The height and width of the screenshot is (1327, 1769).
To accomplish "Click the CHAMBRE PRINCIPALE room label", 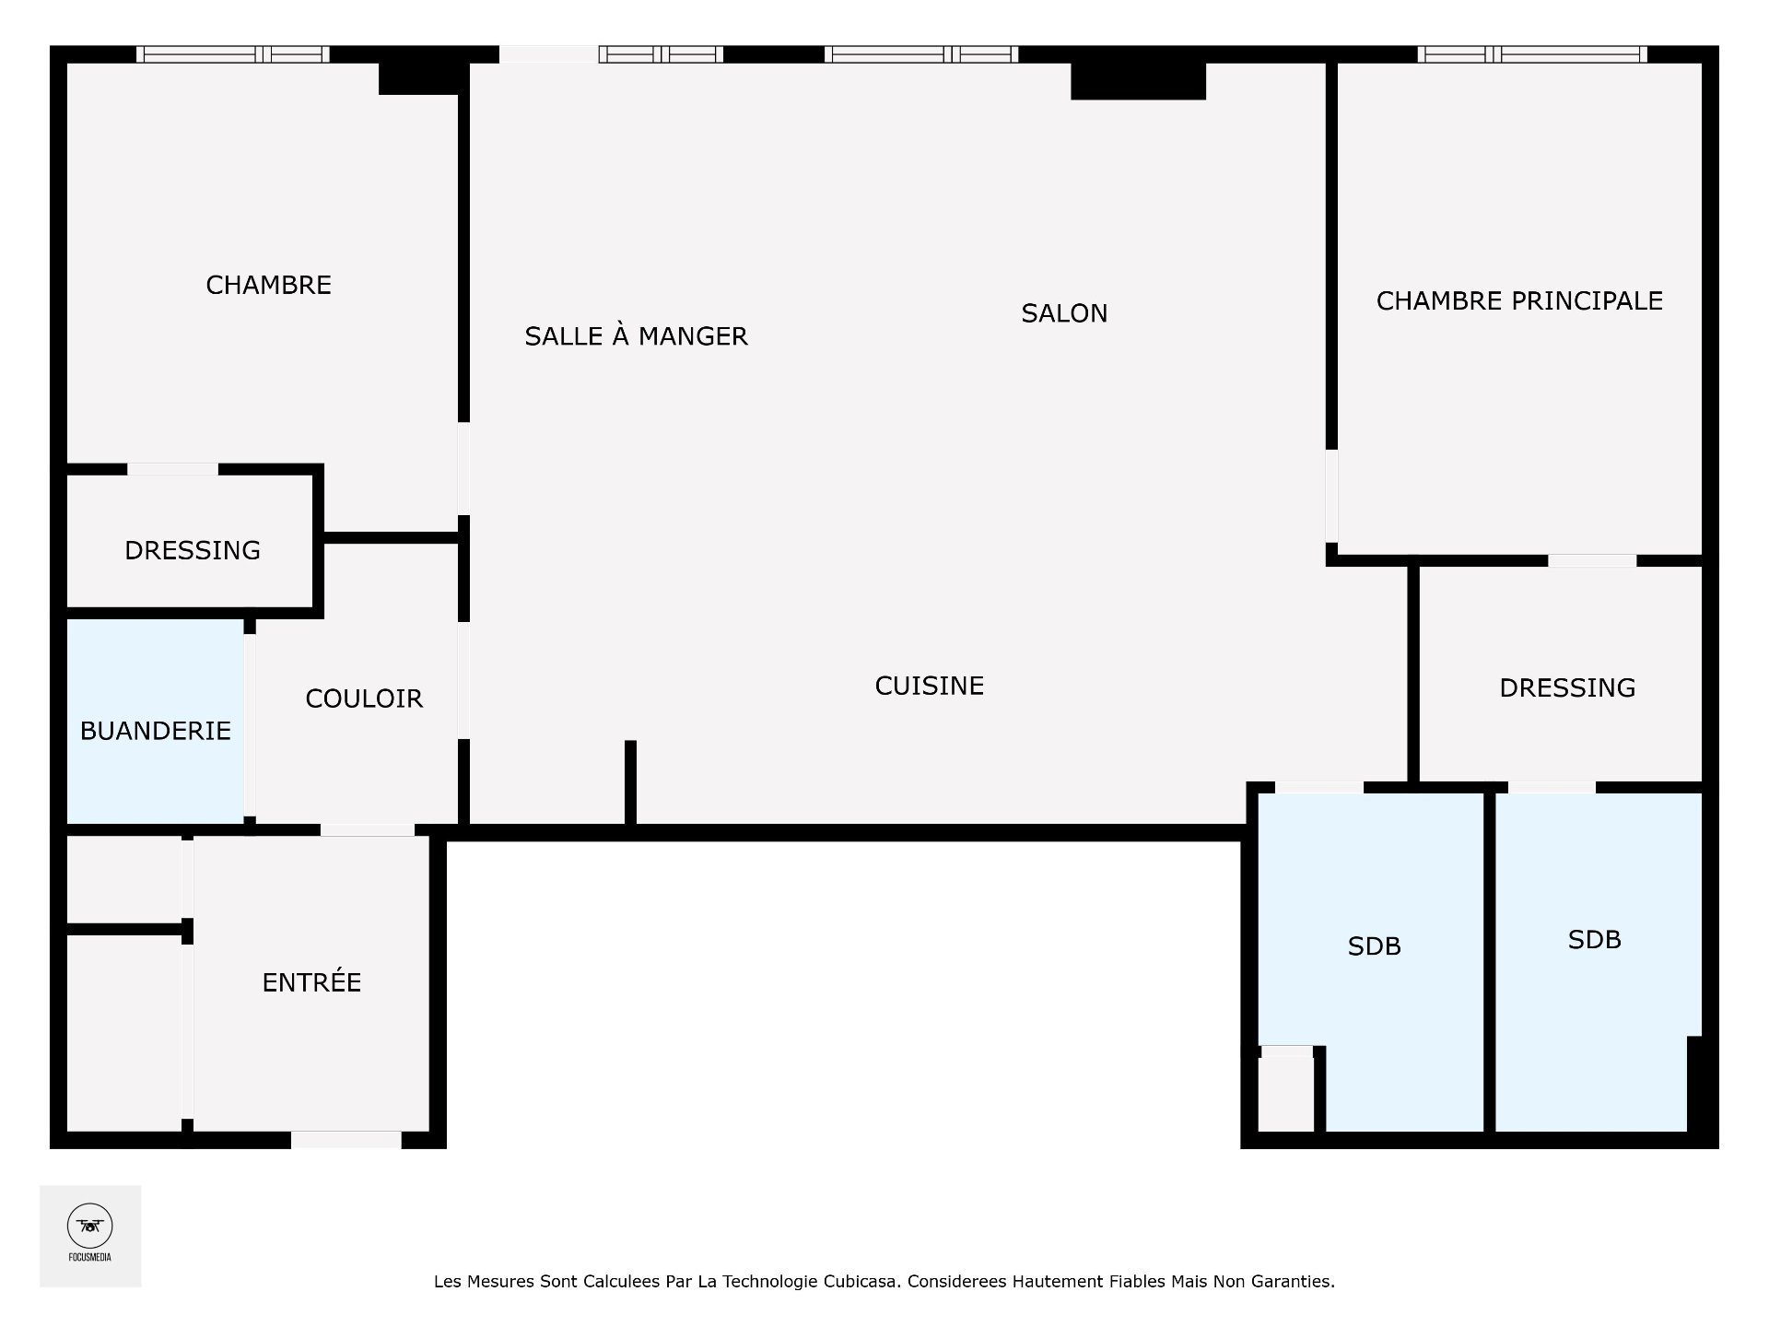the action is click(x=1519, y=300).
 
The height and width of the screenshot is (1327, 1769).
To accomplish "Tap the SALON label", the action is click(x=1064, y=313).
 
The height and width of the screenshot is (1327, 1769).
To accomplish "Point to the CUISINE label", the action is click(x=930, y=686).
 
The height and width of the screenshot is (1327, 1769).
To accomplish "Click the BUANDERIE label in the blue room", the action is click(x=155, y=731).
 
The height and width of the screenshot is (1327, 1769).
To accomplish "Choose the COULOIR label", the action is click(x=364, y=699).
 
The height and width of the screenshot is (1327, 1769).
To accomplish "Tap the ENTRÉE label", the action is click(x=311, y=981).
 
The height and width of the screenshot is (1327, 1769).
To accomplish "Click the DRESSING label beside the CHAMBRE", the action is click(x=193, y=550).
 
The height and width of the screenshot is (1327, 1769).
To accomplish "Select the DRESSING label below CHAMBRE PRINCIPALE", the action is click(x=1567, y=687).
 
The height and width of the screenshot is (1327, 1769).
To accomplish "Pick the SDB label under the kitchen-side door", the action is click(x=1374, y=946).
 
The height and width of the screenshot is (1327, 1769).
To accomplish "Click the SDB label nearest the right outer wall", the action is click(x=1594, y=939).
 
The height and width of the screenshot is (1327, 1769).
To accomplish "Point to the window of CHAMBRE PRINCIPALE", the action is click(x=1532, y=54).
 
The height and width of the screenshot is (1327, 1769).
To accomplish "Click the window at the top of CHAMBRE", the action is click(x=233, y=54).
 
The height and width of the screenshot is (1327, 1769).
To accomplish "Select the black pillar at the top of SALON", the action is click(x=1138, y=81).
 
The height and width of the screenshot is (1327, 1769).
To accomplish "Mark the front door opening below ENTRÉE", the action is click(x=346, y=1140).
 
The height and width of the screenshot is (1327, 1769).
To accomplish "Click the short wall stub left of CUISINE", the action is click(x=630, y=782).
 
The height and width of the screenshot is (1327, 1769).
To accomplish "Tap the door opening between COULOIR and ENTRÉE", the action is click(x=367, y=830).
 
